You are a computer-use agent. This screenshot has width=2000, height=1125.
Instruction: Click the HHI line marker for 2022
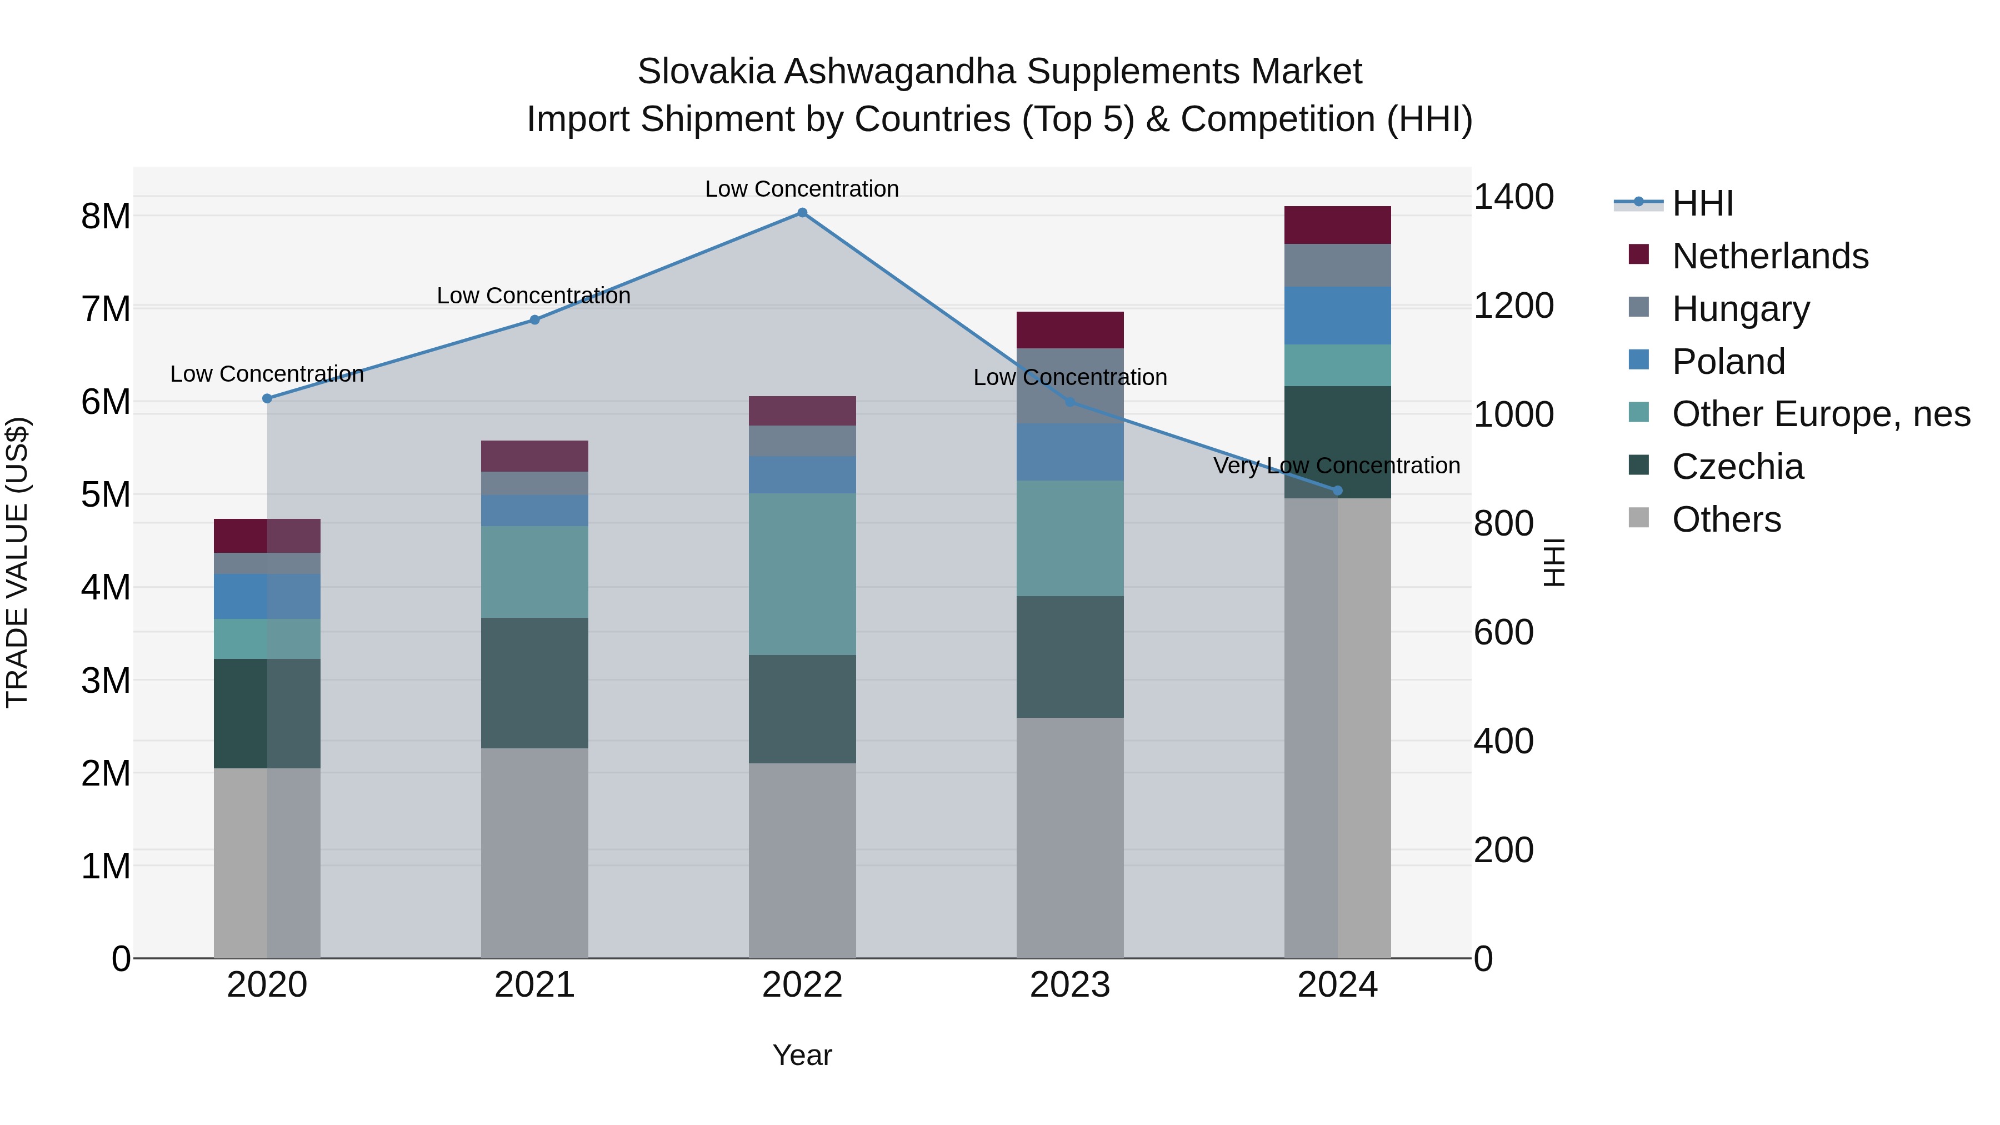click(x=802, y=213)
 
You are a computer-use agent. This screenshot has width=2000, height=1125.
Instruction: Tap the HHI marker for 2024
click(x=1337, y=491)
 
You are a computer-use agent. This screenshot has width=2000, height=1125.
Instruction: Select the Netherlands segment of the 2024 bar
click(x=1337, y=225)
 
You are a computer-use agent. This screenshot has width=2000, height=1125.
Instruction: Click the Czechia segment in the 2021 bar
click(x=534, y=683)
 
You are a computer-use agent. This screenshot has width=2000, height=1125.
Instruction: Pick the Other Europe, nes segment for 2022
click(x=802, y=574)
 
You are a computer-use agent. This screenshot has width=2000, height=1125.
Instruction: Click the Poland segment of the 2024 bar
click(x=1337, y=315)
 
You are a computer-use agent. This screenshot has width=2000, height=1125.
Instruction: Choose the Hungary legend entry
click(x=1740, y=308)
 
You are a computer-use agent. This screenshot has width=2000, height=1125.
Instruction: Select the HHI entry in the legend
click(x=1702, y=203)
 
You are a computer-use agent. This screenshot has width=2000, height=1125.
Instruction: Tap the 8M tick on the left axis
click(x=106, y=217)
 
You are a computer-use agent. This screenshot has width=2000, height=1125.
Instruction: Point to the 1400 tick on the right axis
click(x=1513, y=197)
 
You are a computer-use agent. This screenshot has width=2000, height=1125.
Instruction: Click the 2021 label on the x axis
click(x=534, y=985)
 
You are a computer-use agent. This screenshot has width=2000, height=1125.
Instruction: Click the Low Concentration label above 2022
click(x=802, y=189)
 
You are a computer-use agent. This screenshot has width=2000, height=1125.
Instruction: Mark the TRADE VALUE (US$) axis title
click(x=18, y=562)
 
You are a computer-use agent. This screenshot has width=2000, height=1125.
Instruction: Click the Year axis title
click(x=802, y=1055)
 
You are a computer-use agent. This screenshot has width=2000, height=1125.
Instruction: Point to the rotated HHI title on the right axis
click(x=1553, y=562)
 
